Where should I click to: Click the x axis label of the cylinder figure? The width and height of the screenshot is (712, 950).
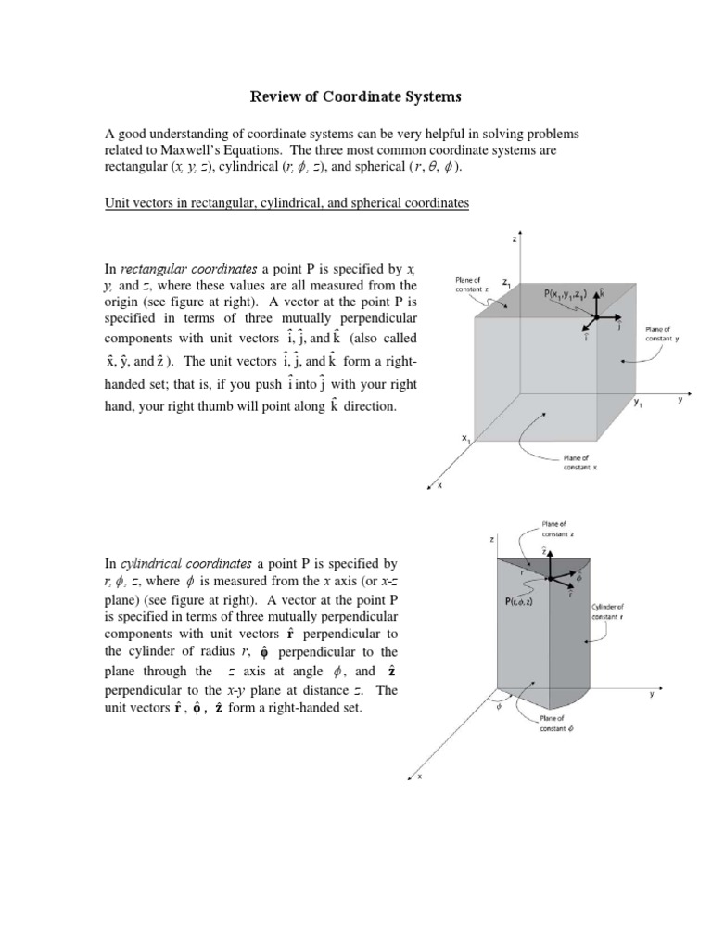(419, 777)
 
